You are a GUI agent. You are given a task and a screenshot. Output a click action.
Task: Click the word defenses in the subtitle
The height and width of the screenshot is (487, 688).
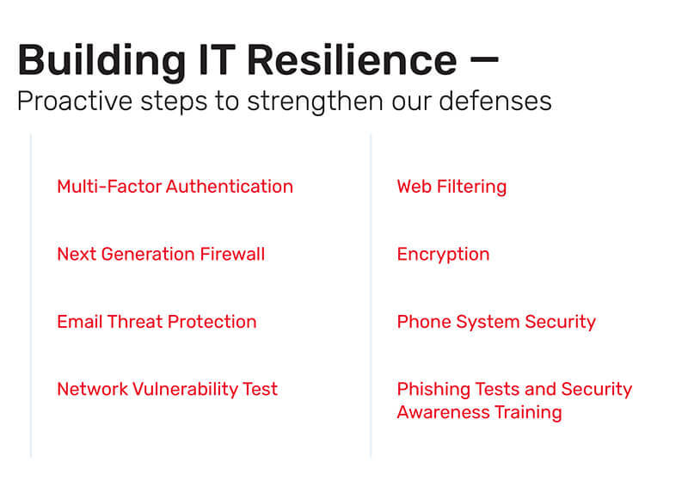click(500, 102)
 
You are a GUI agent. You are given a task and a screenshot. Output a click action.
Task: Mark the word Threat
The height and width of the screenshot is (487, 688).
click(135, 323)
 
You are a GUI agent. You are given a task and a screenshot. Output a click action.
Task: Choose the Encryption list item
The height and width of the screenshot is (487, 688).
click(443, 255)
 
